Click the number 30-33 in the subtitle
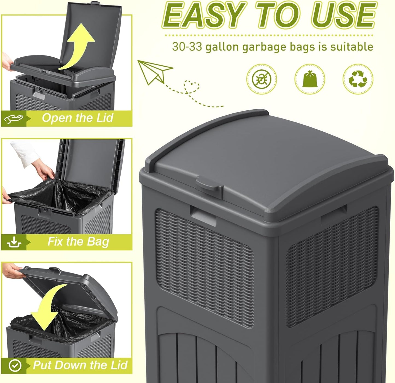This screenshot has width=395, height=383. [187, 47]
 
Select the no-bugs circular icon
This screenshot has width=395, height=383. [262, 79]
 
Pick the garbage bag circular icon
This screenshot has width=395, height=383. [309, 79]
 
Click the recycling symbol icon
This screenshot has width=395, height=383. [358, 79]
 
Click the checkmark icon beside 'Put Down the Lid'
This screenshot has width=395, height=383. [15, 366]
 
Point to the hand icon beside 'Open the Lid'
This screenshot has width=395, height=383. [14, 119]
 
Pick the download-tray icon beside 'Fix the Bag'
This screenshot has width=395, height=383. [14, 242]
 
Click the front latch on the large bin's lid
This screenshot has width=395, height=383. [209, 184]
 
